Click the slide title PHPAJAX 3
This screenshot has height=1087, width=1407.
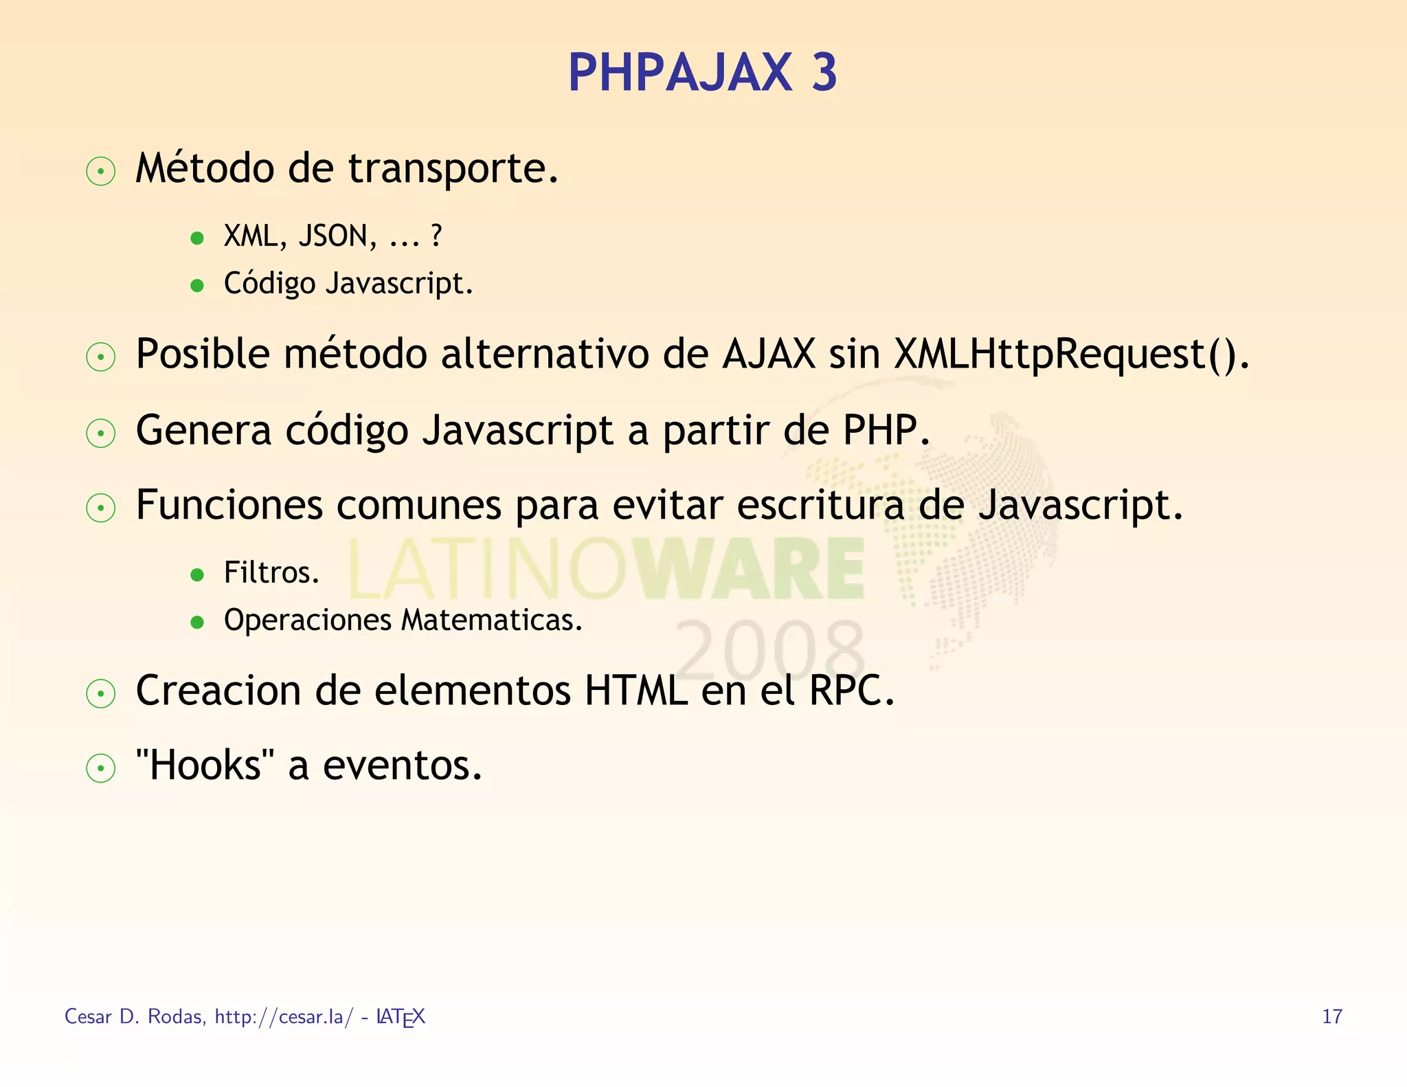pyautogui.click(x=702, y=73)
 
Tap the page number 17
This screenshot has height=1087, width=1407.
pyautogui.click(x=1331, y=1016)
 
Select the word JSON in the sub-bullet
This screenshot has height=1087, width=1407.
pyautogui.click(x=337, y=236)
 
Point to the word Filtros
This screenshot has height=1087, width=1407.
pyautogui.click(x=271, y=572)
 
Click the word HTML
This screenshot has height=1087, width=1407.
pyautogui.click(x=635, y=690)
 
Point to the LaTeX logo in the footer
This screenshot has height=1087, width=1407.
pyautogui.click(x=401, y=1017)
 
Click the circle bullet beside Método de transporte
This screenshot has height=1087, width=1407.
pyautogui.click(x=101, y=171)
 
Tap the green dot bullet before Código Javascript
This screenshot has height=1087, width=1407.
pyautogui.click(x=197, y=285)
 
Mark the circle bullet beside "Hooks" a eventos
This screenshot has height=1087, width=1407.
pyautogui.click(x=101, y=767)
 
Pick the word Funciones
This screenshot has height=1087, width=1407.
pyautogui.click(x=229, y=505)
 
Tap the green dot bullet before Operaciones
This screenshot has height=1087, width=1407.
pyautogui.click(x=197, y=622)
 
